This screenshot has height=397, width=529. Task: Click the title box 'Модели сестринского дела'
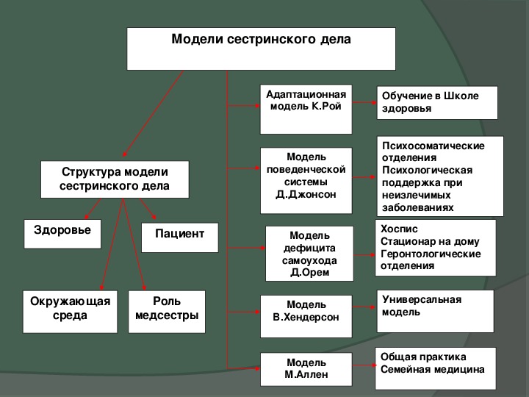coord(261,49)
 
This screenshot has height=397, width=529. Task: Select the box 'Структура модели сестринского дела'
coord(115,179)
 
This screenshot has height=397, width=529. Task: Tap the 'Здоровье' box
coord(62,234)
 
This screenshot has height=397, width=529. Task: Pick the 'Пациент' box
coord(180,237)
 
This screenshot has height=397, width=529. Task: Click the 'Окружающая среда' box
coord(71,312)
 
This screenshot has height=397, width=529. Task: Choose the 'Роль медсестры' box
coord(167,312)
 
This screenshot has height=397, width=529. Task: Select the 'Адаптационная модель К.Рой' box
coord(306,110)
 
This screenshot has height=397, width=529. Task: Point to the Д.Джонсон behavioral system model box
coord(306,181)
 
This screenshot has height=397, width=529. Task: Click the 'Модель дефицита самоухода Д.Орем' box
coord(309,254)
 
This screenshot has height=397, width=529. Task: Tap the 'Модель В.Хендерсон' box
coord(306,316)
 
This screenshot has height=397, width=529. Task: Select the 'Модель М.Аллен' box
coord(306,369)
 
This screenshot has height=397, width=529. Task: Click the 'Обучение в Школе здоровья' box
coord(437,103)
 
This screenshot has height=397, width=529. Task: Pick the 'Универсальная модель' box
coord(435,311)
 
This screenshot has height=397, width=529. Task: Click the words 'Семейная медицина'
coord(433,369)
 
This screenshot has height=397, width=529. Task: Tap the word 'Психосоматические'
coord(433,146)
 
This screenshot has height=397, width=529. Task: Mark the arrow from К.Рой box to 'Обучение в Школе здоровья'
coord(364,102)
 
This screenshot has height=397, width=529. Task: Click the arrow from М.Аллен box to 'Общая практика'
coord(364,365)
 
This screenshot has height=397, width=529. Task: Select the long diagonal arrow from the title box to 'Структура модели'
coord(153,113)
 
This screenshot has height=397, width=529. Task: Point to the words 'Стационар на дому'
coord(430,241)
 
